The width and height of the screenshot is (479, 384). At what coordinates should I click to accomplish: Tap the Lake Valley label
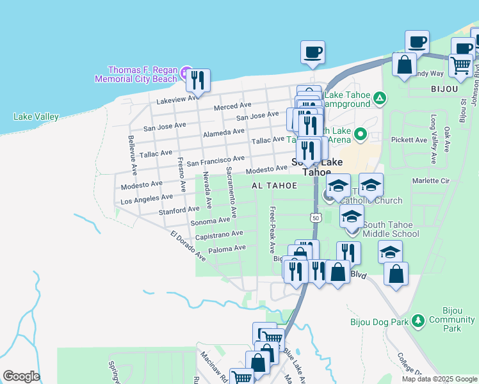[x=36, y=116]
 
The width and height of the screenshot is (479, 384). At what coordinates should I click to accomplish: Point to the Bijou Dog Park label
[x=378, y=323]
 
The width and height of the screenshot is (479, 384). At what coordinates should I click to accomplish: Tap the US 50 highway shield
[x=316, y=218]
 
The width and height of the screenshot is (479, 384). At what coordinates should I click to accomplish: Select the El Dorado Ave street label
[x=188, y=246]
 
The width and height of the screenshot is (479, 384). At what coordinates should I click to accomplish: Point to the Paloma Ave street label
[x=227, y=248]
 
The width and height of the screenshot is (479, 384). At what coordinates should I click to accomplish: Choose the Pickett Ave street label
[x=409, y=140]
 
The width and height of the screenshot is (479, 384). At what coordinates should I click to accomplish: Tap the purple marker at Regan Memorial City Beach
[x=186, y=70]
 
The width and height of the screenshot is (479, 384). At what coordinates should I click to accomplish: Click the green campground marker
[x=380, y=98]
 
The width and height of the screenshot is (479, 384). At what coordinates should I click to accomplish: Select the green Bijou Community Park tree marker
[x=418, y=319]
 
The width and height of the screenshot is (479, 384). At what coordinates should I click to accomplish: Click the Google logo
[x=21, y=376]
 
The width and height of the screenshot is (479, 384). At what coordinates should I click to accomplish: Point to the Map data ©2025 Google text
[x=439, y=379]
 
